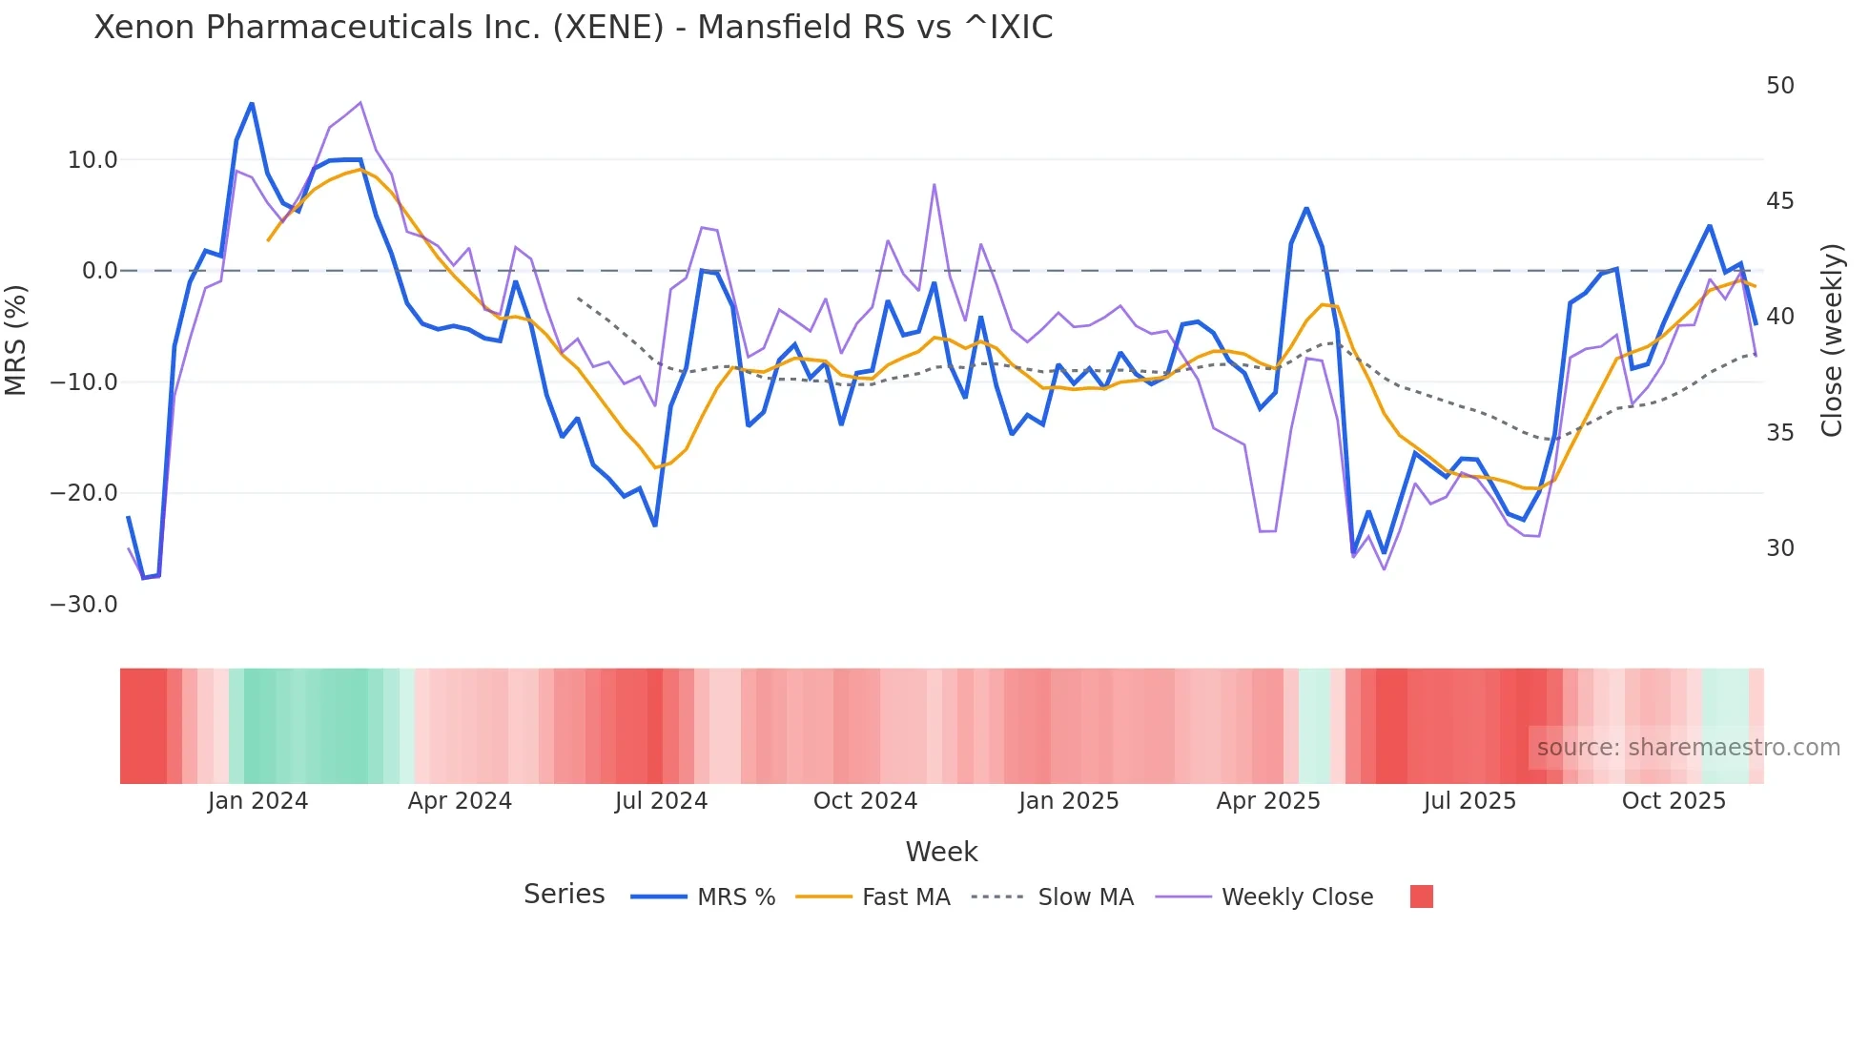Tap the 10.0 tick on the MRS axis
[92, 160]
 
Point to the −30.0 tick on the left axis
[84, 605]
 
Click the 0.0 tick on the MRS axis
[99, 271]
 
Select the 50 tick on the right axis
[1779, 86]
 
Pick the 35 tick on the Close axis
[1779, 433]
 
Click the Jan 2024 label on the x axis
[257, 801]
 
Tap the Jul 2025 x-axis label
[1469, 801]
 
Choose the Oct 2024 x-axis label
[865, 801]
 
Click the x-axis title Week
[941, 852]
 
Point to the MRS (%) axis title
[16, 340]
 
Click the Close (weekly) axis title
[1832, 340]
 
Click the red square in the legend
[1421, 896]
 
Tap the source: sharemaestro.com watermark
[1688, 748]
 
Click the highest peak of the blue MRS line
[252, 103]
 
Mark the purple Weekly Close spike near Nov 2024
[934, 185]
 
